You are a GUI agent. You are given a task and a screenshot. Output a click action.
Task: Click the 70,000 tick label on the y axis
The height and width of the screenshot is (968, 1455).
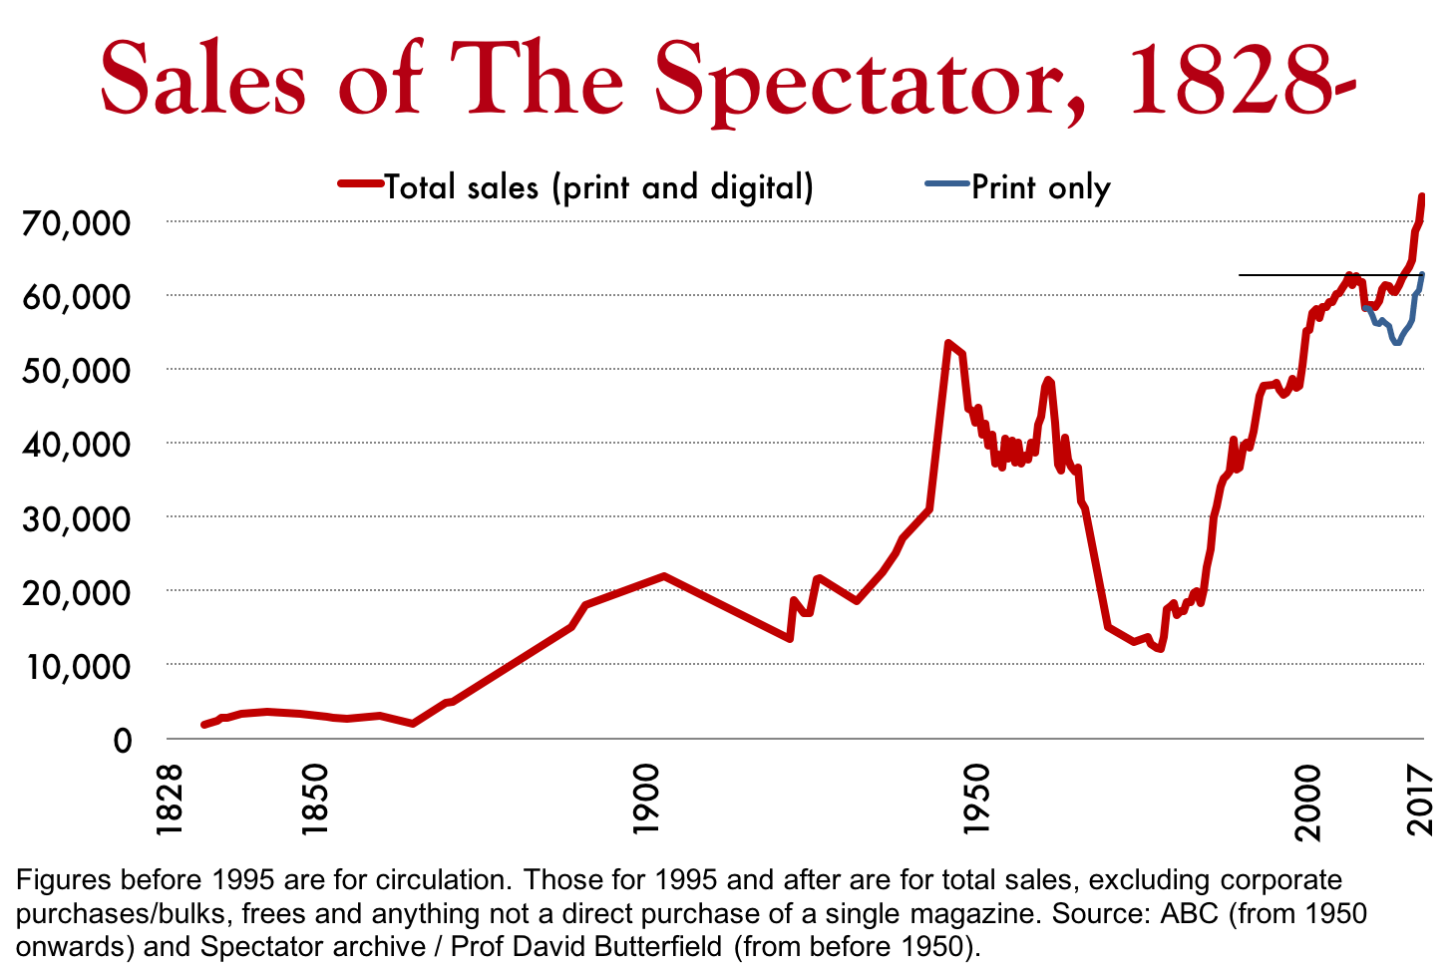(76, 222)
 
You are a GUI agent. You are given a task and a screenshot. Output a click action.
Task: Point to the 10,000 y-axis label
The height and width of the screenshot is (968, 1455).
(76, 666)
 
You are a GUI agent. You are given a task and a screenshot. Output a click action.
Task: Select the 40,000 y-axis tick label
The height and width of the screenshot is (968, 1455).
(76, 445)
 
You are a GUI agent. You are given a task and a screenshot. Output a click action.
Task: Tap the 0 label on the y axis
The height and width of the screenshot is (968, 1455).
(122, 740)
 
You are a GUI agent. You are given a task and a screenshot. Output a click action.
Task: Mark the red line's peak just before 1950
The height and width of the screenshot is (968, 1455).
(947, 343)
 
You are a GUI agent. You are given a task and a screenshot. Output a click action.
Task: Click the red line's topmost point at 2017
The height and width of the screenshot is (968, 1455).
(1422, 196)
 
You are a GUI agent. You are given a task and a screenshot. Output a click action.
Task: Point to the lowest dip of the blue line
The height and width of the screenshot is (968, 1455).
(1397, 342)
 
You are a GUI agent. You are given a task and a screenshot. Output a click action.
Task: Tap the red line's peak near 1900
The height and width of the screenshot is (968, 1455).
(663, 576)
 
